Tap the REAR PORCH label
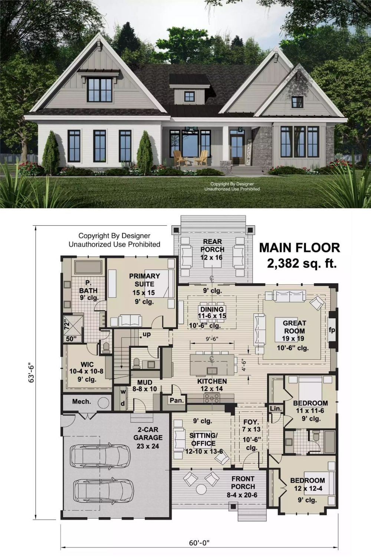click(212, 246)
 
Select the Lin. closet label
click(276, 408)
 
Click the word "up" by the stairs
click(147, 334)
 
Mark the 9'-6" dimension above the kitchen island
click(212, 338)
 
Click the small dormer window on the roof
click(190, 96)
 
